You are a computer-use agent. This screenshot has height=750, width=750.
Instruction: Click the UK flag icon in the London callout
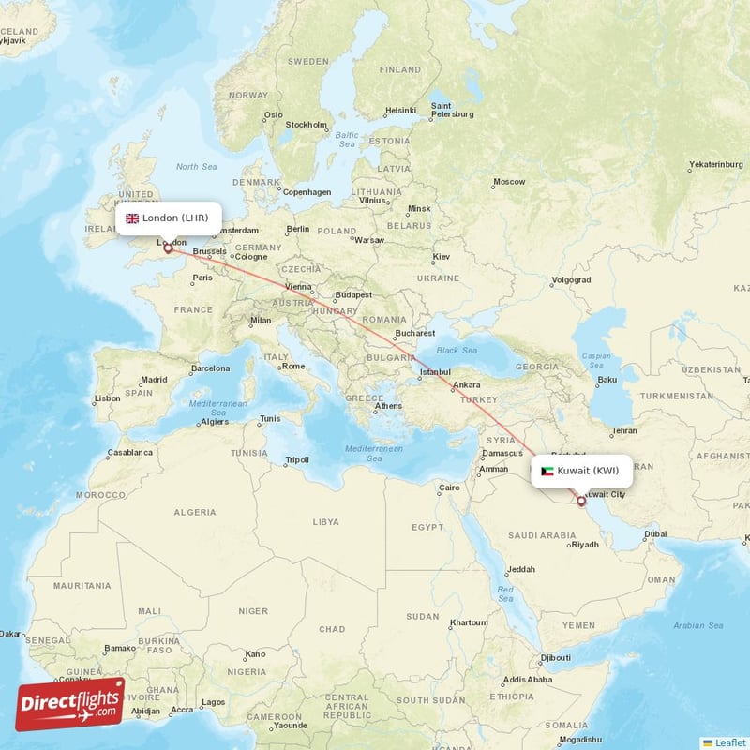click(x=132, y=218)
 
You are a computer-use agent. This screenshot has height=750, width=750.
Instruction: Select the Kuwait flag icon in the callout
click(x=547, y=471)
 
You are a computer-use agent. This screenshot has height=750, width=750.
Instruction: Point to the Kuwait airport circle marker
click(x=581, y=502)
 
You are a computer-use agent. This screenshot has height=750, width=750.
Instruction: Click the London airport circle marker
click(x=168, y=248)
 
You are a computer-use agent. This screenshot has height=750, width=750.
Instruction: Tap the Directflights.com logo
click(x=70, y=704)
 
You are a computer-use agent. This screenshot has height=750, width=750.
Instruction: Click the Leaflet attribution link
click(x=726, y=742)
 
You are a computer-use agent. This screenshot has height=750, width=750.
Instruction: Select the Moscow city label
click(x=509, y=181)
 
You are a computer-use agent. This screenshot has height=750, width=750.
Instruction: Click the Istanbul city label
click(x=434, y=372)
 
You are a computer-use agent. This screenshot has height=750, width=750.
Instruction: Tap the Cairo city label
click(x=450, y=487)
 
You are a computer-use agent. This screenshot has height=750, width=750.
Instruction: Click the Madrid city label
click(x=154, y=380)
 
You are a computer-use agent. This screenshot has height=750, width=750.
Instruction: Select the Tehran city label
click(x=624, y=430)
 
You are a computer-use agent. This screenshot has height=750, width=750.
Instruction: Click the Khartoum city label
click(x=469, y=622)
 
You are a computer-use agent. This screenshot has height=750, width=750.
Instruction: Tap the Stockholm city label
click(x=306, y=124)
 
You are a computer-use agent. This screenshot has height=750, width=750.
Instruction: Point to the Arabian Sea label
click(x=698, y=625)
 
